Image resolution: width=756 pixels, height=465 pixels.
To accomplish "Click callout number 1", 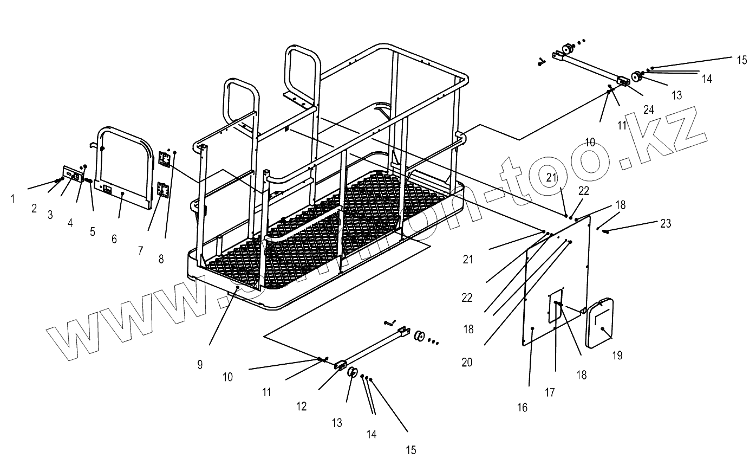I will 13,199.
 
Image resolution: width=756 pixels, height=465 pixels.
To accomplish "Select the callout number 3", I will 50,215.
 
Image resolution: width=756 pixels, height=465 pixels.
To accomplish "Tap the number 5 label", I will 93,231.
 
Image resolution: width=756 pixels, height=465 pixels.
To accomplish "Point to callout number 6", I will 114,238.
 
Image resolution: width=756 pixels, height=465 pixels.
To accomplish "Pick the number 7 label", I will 141,250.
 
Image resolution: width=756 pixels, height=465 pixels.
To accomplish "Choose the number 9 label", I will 200,365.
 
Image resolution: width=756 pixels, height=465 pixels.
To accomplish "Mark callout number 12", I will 302,406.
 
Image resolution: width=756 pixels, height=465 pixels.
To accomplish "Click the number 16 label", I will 522,408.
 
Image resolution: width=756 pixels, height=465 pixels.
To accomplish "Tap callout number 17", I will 550,392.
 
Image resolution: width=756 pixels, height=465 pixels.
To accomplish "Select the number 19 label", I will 617,356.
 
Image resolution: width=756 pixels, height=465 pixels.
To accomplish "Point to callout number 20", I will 467,362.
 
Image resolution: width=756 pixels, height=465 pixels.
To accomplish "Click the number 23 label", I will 666,223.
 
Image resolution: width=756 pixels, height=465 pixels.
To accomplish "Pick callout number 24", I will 649,109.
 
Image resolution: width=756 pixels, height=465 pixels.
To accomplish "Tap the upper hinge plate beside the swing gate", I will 166,159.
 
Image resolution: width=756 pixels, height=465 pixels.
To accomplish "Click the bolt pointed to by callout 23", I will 606,232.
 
